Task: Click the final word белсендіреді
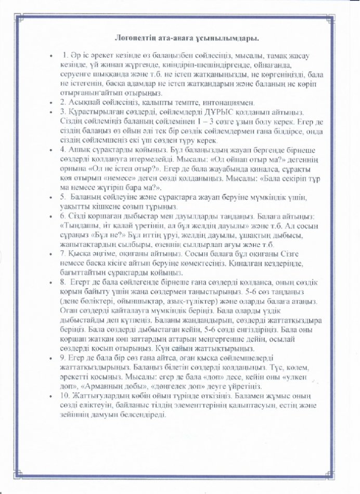pos(137,415)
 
